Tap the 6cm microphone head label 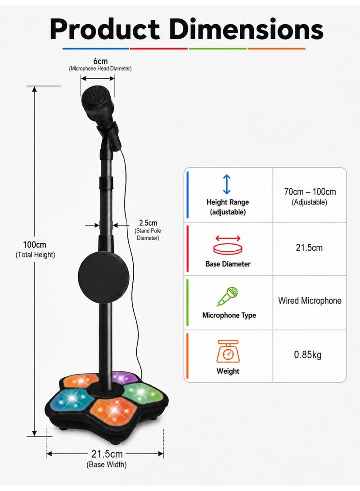[100, 61]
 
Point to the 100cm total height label [35, 245]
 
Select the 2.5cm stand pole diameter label [148, 223]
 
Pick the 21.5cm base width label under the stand [107, 453]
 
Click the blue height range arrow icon [227, 184]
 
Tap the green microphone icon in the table [228, 296]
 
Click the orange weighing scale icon [228, 351]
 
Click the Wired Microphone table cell [310, 301]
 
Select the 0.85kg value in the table [308, 355]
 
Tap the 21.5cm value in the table [309, 248]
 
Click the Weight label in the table [228, 371]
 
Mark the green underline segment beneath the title [218, 49]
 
